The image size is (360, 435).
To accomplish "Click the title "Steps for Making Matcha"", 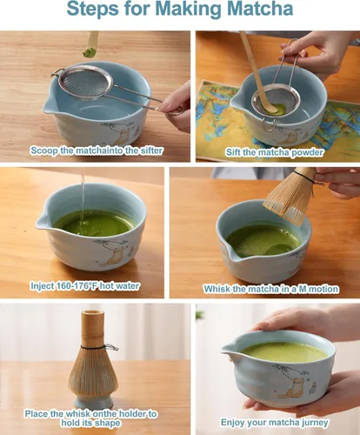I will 179,11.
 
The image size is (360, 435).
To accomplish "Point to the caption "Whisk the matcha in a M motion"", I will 270,288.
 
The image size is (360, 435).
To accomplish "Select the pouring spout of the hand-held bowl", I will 230,354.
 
